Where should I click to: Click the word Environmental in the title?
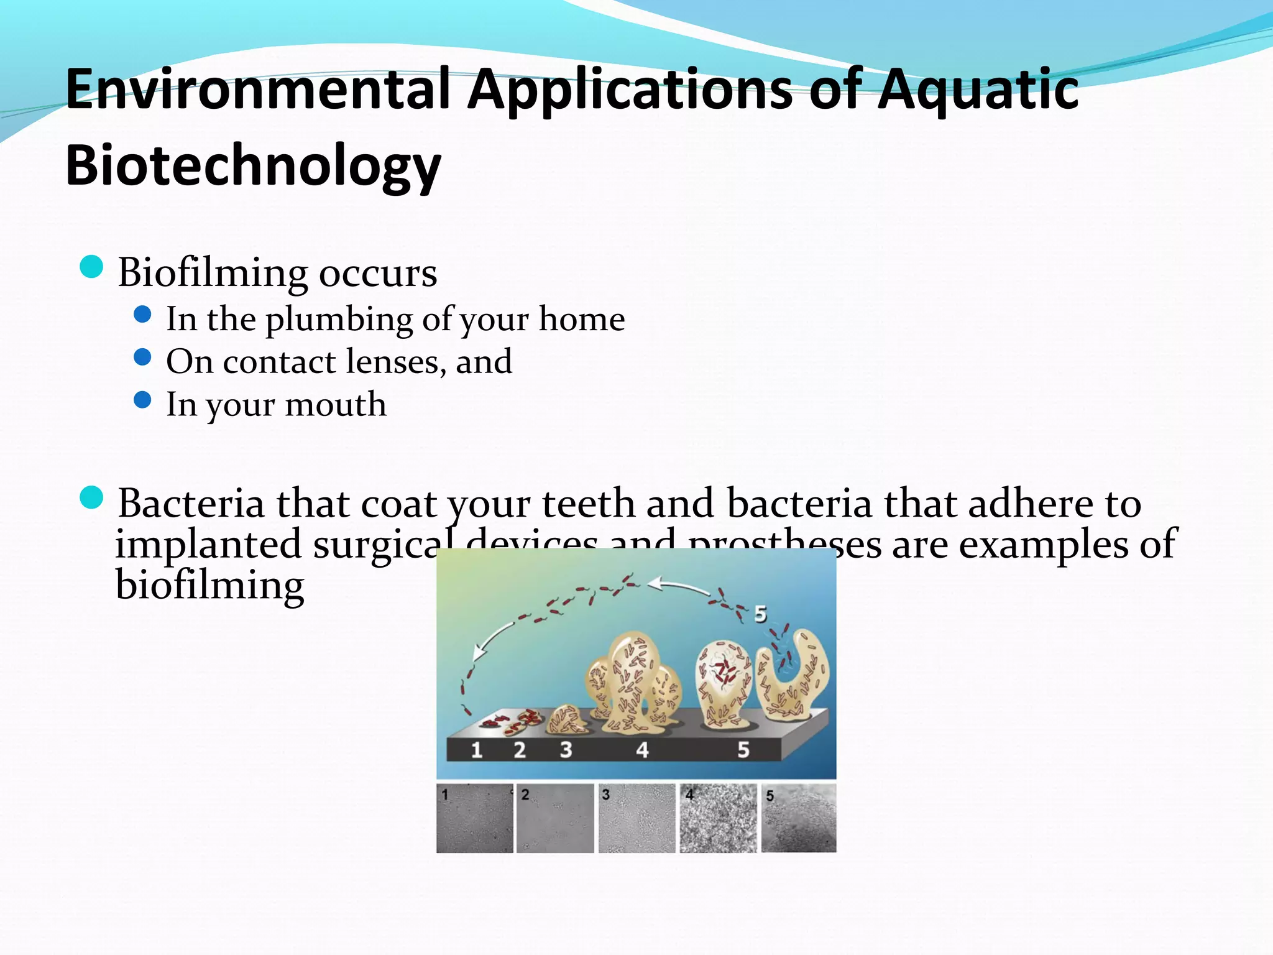257,90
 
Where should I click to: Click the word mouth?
336,405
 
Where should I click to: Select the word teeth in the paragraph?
588,503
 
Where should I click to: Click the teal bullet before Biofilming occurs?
91,267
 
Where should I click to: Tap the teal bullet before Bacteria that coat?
91,498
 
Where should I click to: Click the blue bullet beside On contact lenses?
142,358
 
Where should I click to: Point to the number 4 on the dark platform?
642,750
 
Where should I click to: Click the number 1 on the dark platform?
477,750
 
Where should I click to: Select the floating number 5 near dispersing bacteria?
760,614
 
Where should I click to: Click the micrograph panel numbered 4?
718,818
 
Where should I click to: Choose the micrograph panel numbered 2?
555,818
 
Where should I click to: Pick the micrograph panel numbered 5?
799,818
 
